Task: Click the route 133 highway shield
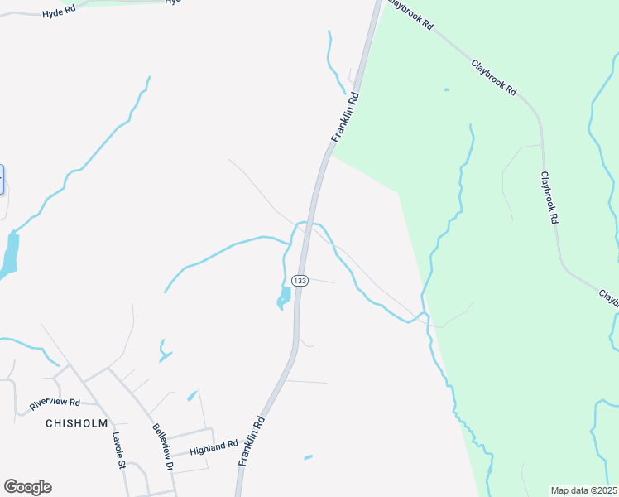300,281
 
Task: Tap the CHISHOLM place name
77,422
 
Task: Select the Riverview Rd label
54,403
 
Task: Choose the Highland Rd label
214,448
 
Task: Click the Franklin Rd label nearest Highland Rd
251,441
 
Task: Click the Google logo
27,487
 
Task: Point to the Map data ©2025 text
583,490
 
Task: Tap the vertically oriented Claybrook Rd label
550,198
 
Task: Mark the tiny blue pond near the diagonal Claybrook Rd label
446,89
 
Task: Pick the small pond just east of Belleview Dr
192,396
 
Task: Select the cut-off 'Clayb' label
607,296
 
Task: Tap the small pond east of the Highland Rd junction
308,456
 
